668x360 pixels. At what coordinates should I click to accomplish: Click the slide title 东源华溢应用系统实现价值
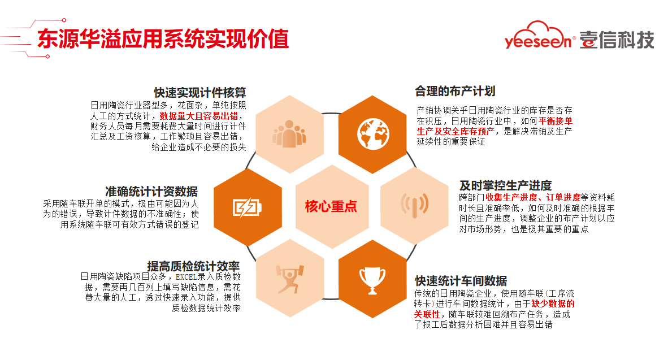coord(163,39)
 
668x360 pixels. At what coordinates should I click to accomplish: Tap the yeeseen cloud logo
coord(540,36)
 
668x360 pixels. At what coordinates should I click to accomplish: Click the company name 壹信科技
coord(617,40)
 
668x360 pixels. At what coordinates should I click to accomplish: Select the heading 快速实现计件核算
coord(200,93)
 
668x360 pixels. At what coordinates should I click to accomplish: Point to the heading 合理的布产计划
coord(455,91)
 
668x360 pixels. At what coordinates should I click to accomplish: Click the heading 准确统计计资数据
coord(151,191)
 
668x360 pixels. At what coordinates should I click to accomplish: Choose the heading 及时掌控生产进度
coord(506,186)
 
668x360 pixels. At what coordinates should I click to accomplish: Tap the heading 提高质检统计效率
coord(193,266)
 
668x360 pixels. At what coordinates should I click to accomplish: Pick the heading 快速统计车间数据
coord(461,281)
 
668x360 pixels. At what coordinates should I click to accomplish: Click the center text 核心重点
coord(331,207)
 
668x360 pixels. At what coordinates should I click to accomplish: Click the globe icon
coord(373,134)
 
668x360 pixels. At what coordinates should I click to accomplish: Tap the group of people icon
coord(289,134)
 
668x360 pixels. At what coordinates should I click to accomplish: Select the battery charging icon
coord(247,207)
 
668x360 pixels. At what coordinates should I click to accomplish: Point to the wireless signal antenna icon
coord(414,205)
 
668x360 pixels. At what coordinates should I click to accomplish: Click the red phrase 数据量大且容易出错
coord(198,116)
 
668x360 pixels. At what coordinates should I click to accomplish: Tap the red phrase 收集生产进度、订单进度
coord(533,197)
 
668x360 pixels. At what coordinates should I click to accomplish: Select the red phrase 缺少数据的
coord(553,303)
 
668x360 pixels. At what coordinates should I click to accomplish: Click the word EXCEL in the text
coord(186,277)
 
